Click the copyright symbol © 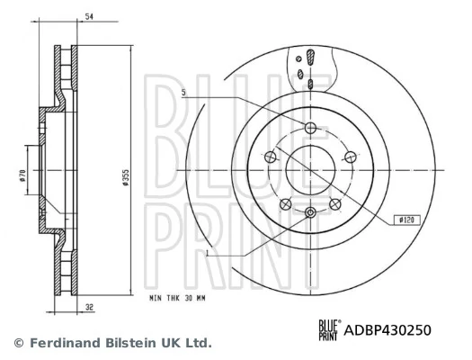[17, 343]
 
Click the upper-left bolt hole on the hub [270, 156]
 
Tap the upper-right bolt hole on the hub [351, 156]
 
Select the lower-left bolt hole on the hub [285, 203]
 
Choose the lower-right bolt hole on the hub [335, 203]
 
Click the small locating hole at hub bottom [310, 212]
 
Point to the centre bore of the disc [310, 168]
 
